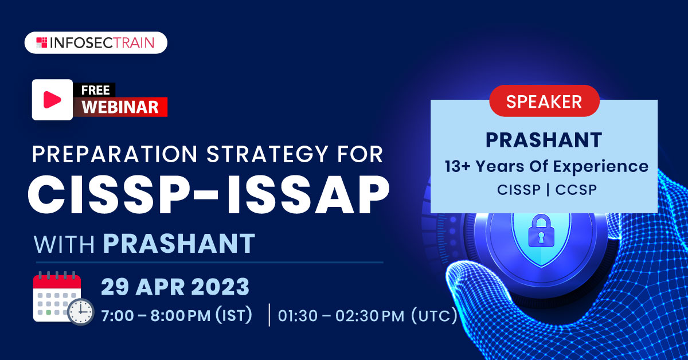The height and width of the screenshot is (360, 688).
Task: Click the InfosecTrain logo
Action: point(96,42)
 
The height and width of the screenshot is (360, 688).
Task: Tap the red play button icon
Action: point(52,100)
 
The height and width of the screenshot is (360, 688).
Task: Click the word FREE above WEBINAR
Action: point(95,91)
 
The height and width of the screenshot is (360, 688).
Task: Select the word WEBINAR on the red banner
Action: point(120,107)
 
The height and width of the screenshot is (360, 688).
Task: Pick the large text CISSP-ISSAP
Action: point(209,195)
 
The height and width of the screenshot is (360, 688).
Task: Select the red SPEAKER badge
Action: point(544,101)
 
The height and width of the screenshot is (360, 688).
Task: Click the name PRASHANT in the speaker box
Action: point(544,140)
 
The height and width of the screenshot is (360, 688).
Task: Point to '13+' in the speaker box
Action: point(458,166)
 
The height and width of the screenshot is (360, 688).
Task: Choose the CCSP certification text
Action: point(576,190)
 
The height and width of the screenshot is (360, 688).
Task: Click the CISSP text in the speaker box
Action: point(519,190)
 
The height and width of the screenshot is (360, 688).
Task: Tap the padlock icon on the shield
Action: point(541,231)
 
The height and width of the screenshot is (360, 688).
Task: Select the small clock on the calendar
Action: point(80,311)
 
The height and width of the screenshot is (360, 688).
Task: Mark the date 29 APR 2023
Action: point(175,287)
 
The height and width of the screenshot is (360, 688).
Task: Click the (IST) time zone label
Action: point(234,315)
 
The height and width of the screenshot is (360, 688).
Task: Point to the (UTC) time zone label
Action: point(435,315)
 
